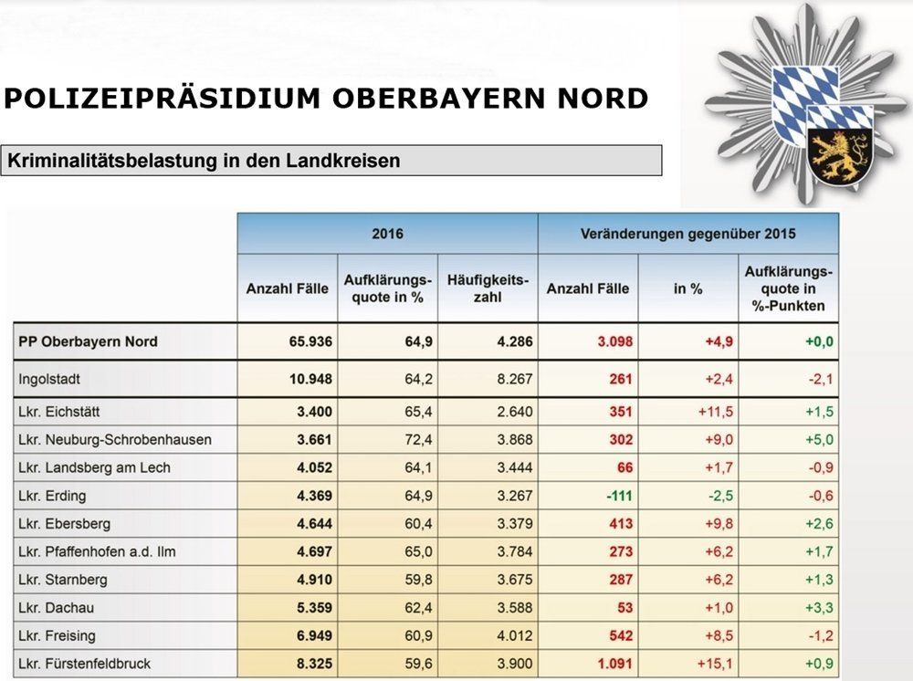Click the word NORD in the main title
pos(596,99)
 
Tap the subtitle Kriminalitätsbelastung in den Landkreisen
pos(205,162)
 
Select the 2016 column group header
pos(387,234)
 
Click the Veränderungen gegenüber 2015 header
pos(687,234)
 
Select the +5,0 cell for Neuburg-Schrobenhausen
pos(817,439)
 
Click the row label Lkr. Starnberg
pos(63,580)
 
